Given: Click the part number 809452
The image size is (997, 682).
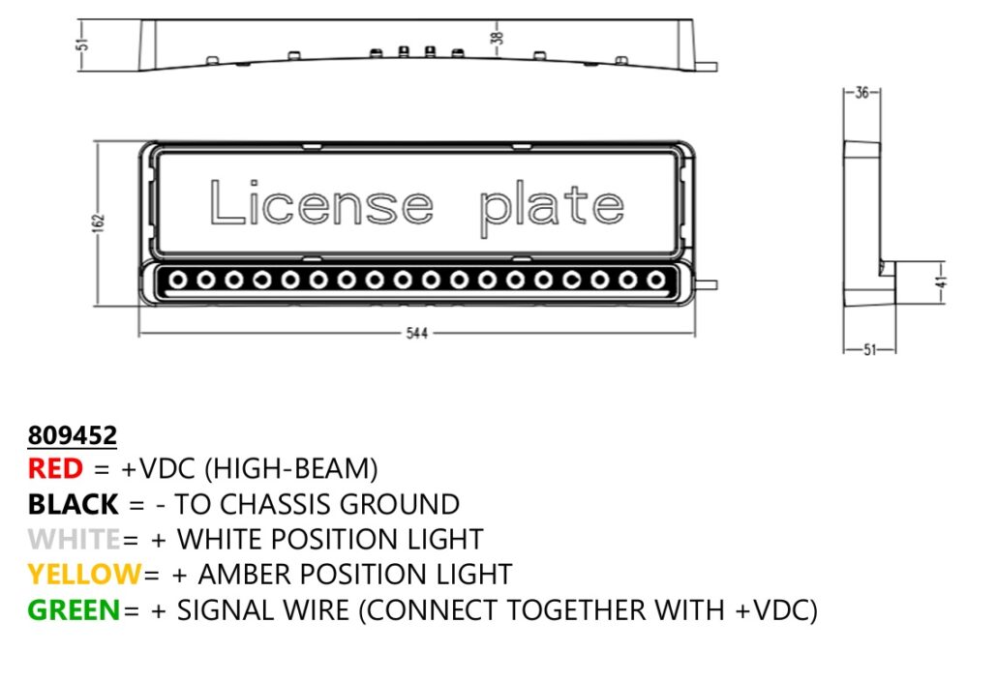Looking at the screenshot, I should coord(72,433).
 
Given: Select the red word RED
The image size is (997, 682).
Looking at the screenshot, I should coord(55,469).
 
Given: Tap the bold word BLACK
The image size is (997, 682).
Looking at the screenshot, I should coord(74,504).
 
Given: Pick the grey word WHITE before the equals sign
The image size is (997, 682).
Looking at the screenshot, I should coord(75,539).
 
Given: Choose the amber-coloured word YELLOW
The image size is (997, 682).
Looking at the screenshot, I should coord(84,574).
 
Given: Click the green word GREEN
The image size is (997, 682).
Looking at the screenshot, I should coord(74,610).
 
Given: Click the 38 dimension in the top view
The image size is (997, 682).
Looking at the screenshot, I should coord(498,39).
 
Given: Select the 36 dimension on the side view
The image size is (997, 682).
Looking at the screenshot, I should coord(861,93).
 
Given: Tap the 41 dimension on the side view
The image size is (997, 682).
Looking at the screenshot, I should coord(940,282).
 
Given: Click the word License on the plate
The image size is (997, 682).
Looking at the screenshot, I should coord(320,204).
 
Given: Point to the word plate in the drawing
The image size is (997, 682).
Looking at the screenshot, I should coord(552,208).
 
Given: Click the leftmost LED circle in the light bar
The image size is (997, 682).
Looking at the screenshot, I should coord(178,281).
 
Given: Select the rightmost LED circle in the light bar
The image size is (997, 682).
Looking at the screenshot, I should coord(657,281).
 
